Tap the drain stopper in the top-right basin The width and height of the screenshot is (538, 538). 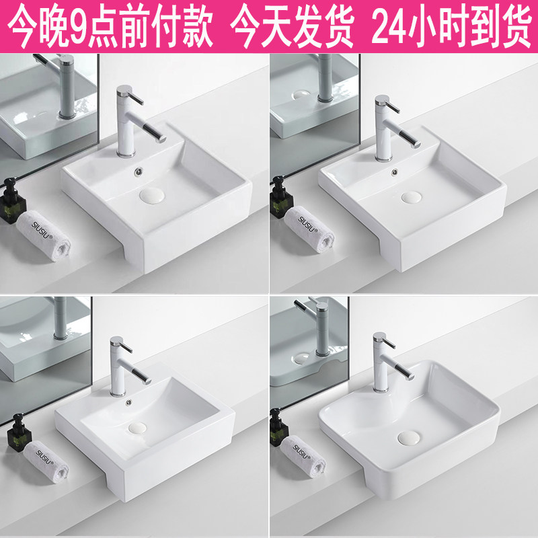click(410, 198)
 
